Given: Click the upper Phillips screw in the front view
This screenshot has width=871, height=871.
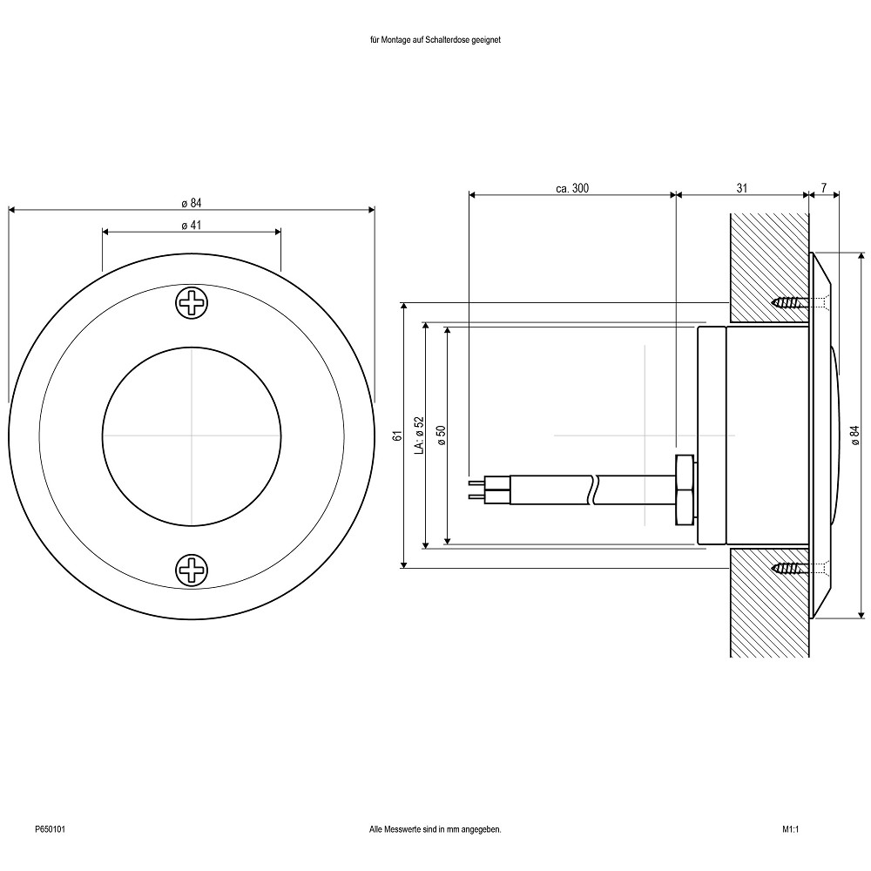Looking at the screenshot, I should (x=192, y=303).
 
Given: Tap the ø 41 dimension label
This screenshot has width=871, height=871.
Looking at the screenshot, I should (x=192, y=225).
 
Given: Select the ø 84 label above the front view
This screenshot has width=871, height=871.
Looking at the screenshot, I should (x=192, y=203).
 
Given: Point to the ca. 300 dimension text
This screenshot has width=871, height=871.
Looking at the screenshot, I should (x=572, y=187).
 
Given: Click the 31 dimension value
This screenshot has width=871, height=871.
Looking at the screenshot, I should (x=741, y=187).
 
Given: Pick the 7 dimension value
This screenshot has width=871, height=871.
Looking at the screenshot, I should (x=823, y=187).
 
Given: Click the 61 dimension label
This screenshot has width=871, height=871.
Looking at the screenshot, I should (x=396, y=435).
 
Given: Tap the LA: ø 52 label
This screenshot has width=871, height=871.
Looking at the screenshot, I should (x=418, y=435).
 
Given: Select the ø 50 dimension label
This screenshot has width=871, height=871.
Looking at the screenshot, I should (x=441, y=435).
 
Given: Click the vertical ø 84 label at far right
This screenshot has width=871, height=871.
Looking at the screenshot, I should (x=853, y=435).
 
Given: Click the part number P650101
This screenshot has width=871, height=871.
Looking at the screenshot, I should (x=50, y=830).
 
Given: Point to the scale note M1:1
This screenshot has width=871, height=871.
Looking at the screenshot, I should (x=790, y=830).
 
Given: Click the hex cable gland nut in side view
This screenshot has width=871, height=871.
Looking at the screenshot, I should (x=685, y=490).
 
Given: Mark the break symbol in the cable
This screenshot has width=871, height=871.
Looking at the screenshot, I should (x=595, y=490).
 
